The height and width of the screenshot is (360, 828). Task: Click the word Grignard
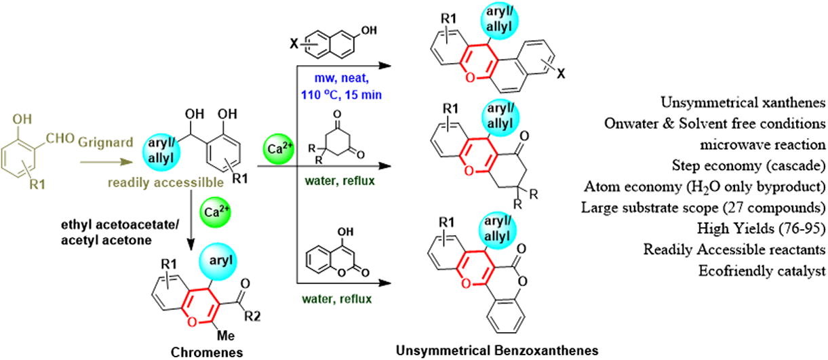coord(105,142)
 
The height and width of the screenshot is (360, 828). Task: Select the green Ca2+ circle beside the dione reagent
coord(279,149)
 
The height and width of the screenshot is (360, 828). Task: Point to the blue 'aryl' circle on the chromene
coord(218,261)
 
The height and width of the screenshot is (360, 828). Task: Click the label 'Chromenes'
coord(207,353)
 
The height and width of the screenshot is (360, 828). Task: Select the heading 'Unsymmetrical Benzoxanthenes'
coord(497,350)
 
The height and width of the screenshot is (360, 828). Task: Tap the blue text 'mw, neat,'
coord(342,79)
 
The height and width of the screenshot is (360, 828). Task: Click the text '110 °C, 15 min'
coord(341,95)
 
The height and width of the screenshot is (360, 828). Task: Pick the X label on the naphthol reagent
coord(294,44)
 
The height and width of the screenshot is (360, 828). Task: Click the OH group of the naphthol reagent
coord(368,31)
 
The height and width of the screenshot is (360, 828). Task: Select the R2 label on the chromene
coord(252,317)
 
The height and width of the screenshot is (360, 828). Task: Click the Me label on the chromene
coord(226,336)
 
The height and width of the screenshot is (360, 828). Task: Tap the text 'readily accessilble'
coord(165,182)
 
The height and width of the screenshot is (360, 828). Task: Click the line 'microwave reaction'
coord(763,144)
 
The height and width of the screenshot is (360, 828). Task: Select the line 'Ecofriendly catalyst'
coord(762,271)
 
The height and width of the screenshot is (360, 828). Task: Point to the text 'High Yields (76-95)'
coord(762,228)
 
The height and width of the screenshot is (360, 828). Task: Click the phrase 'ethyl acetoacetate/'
coord(120,224)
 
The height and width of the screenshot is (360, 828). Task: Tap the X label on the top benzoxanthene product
coord(561,75)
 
